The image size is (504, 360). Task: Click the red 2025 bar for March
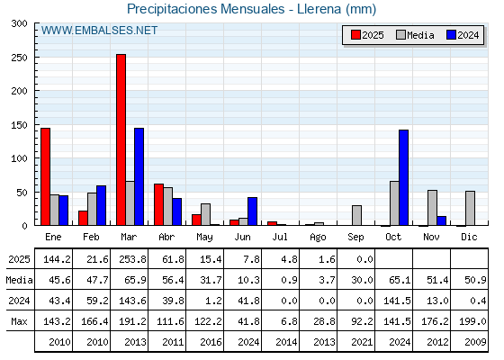click(x=121, y=139)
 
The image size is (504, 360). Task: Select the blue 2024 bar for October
click(x=404, y=177)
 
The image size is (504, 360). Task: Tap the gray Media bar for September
click(x=356, y=215)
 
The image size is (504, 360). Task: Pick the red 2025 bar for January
click(x=45, y=176)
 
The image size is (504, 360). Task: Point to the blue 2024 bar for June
click(x=252, y=211)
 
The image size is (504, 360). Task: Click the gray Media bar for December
click(x=470, y=208)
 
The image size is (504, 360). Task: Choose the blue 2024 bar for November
click(x=441, y=220)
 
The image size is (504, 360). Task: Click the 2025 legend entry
click(x=367, y=35)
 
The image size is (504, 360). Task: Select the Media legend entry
click(x=415, y=35)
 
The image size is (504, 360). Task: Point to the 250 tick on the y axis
click(x=19, y=58)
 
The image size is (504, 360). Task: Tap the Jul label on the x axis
click(x=280, y=237)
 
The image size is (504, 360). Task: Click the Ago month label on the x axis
click(x=318, y=238)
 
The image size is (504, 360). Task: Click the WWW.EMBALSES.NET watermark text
click(x=99, y=31)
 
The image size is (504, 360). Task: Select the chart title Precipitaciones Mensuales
click(x=206, y=9)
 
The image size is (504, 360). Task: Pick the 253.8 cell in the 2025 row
click(x=133, y=259)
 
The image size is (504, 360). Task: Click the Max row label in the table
click(x=19, y=321)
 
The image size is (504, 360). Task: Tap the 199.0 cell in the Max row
click(x=472, y=321)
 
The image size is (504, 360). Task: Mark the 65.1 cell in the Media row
click(x=400, y=280)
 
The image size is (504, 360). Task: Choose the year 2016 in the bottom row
click(x=211, y=342)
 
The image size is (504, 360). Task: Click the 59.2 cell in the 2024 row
click(x=97, y=301)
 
